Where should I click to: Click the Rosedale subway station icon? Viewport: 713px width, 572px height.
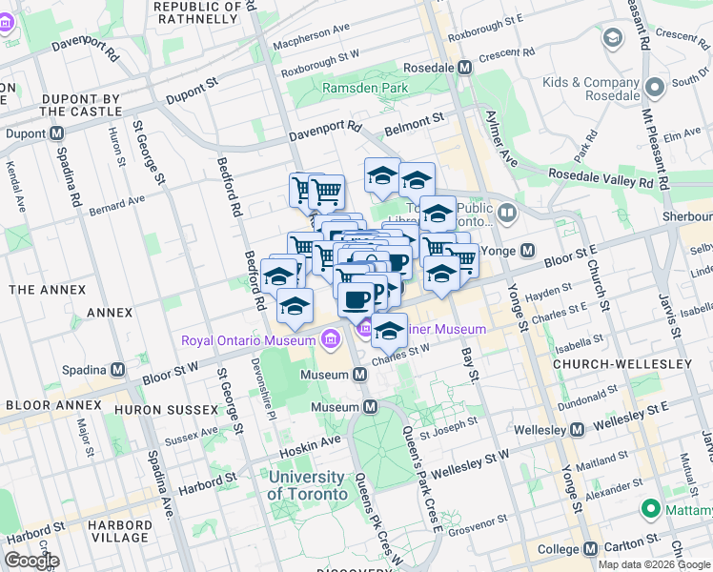[465, 68]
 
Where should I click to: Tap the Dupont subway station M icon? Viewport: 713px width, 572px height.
[56, 133]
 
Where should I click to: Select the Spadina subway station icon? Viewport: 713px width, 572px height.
[118, 369]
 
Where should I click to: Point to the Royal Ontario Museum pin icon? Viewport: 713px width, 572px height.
[330, 339]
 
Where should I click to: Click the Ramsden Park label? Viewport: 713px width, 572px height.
[365, 88]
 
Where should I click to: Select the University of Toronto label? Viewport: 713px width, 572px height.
[307, 485]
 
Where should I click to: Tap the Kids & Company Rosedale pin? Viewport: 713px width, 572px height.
[654, 88]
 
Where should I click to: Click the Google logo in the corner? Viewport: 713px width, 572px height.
[31, 561]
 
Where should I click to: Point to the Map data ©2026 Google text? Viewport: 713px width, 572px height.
[654, 564]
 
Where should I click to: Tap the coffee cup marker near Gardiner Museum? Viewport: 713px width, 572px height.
[356, 298]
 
